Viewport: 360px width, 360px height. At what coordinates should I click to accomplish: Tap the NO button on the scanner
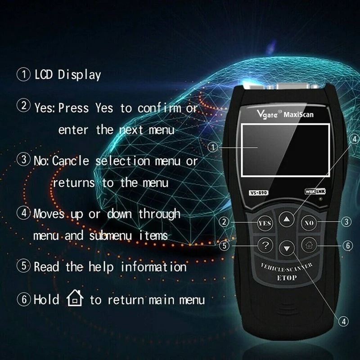(x=309, y=222)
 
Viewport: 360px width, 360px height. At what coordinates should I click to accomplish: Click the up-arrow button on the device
(x=286, y=219)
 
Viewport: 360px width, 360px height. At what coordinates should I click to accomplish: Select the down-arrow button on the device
(x=287, y=247)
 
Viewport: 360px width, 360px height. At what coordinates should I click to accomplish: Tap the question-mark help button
(x=265, y=246)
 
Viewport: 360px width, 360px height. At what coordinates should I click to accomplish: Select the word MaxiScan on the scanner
(x=299, y=114)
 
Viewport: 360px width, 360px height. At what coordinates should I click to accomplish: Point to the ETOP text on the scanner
(x=287, y=278)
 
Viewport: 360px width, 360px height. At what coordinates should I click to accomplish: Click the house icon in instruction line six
(x=75, y=298)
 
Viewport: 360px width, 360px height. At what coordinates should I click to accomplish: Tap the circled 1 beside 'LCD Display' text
(x=23, y=74)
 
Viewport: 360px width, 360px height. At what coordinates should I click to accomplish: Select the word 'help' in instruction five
(x=101, y=266)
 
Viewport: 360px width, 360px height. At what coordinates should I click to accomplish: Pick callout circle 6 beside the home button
(x=347, y=246)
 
